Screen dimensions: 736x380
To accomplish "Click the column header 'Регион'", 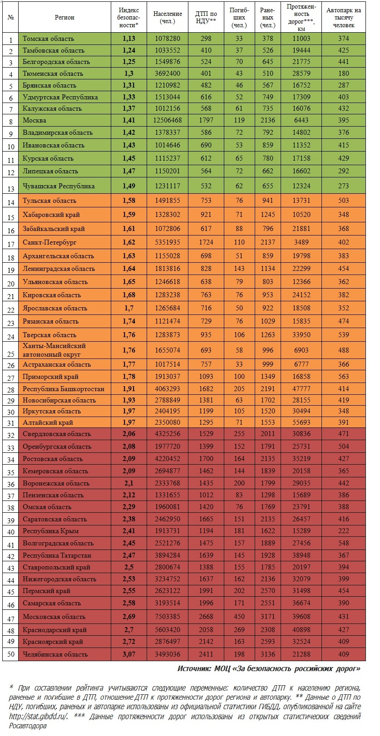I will pos(64,17).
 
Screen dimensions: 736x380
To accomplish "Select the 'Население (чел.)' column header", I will pos(168,17).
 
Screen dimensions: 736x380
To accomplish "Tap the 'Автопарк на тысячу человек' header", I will pos(343,17).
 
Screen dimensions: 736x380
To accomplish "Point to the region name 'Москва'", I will pos(35,120).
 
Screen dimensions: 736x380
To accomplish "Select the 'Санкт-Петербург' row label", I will pos(50,242).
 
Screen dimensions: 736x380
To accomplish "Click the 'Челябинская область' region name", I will pos(55,654).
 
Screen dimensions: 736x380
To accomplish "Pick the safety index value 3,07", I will pos(128,654).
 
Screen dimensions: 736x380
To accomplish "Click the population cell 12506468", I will pos(168,120).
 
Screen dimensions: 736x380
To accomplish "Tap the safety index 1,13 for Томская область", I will pos(128,39).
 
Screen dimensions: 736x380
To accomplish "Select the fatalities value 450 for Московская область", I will pos(239,616).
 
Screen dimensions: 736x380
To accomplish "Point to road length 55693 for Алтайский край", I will pos(301,422).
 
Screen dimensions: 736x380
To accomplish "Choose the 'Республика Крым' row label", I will pos(51,530).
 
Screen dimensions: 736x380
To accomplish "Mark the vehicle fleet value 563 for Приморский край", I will pos(343,376).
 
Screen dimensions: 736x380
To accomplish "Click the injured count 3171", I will pos(268,616).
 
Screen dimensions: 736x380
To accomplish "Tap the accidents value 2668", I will pos(206,616).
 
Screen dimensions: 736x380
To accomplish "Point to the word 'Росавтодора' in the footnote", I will pos(28,726).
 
